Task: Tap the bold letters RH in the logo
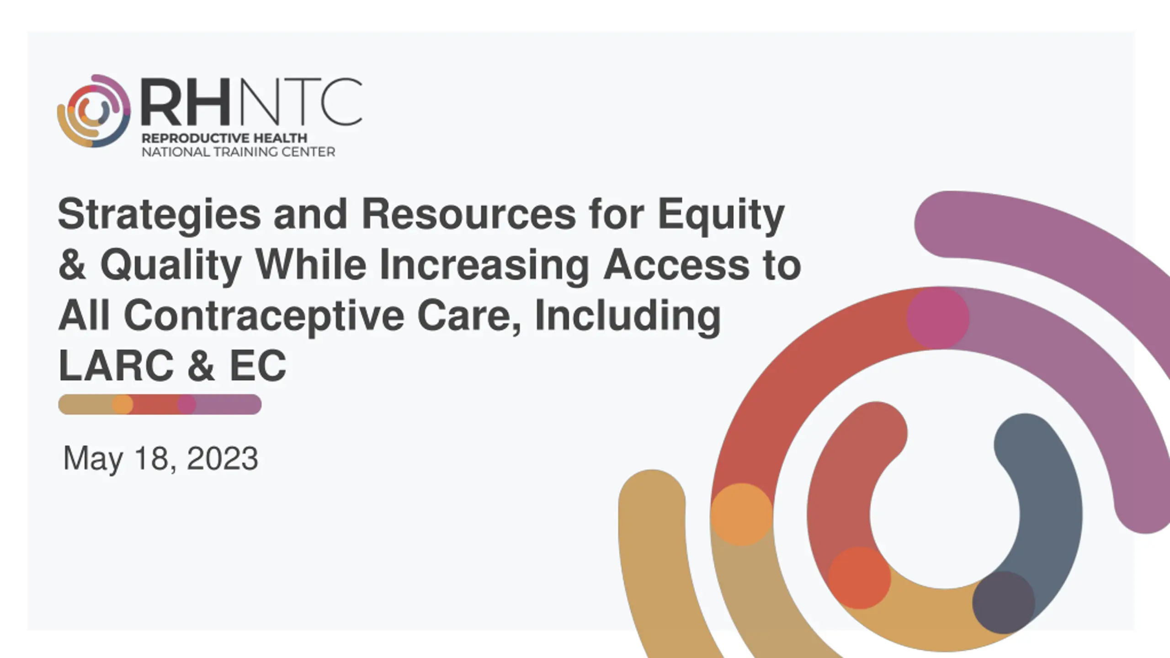[186, 102]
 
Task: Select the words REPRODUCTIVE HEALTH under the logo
[224, 138]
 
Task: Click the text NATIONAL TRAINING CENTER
[238, 152]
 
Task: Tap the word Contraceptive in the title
[264, 316]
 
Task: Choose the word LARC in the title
[116, 366]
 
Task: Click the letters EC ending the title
[258, 366]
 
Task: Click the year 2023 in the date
[223, 458]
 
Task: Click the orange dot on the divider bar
[122, 404]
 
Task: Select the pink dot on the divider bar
[186, 404]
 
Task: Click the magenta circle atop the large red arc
[938, 318]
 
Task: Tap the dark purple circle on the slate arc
[1004, 602]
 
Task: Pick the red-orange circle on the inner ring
[860, 578]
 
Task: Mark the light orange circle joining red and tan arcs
[742, 515]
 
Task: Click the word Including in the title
[628, 316]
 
